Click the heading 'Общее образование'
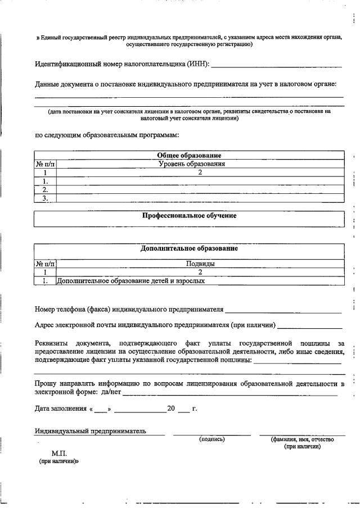click(188, 155)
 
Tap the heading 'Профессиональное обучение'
click(188, 215)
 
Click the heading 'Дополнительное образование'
click(188, 248)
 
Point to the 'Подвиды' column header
click(200, 263)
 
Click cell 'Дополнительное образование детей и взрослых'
click(130, 280)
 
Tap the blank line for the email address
click(310, 326)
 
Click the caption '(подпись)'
click(211, 439)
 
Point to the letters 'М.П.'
click(59, 452)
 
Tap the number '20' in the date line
click(172, 409)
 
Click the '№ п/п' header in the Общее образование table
click(46, 164)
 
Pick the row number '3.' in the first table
click(46, 198)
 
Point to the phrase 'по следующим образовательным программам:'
click(107, 135)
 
